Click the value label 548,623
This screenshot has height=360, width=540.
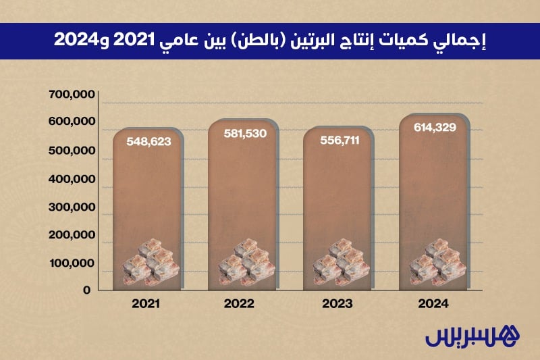pos(148,142)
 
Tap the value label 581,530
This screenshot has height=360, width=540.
pos(245,134)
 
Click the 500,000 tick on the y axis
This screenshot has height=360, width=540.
pos(71,151)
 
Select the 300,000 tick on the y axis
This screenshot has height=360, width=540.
pos(71,207)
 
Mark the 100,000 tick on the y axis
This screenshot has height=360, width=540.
pos(71,263)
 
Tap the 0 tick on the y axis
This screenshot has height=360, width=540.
pos(86,290)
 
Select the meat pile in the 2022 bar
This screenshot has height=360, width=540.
pos(244,263)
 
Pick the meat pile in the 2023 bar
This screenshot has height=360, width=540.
pos(340,263)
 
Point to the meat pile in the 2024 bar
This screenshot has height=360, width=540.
pos(435,263)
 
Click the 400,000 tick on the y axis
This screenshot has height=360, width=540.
pos(71,179)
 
